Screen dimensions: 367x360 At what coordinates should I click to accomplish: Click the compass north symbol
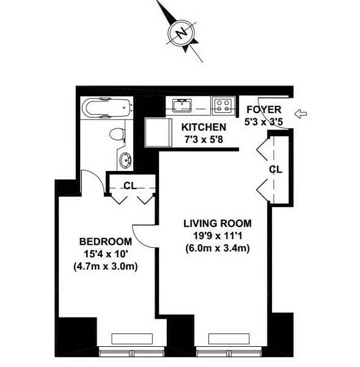pos(180,32)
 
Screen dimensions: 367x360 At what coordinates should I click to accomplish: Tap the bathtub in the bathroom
pos(107,108)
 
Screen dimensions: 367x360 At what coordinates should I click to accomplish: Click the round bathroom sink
pos(126,161)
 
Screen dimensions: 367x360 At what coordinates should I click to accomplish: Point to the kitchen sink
pos(182,106)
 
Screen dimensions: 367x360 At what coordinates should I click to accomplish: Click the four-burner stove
pos(223,106)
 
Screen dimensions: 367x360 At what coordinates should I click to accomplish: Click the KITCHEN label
pos(205,128)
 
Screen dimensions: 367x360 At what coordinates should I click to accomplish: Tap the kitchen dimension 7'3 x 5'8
pos(205,139)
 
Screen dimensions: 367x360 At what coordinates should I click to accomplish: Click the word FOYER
pos(263,110)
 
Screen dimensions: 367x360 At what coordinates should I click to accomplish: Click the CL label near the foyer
pos(276,170)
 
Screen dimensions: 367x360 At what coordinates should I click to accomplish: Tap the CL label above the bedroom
pos(130,185)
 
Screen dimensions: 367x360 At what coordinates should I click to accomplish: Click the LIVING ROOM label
pos(217,223)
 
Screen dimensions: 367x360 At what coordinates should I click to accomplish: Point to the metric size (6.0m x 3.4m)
pos(217,248)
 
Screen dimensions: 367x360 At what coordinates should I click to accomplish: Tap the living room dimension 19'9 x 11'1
pos(217,236)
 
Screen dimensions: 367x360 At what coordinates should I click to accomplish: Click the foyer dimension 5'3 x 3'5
pos(263,122)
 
